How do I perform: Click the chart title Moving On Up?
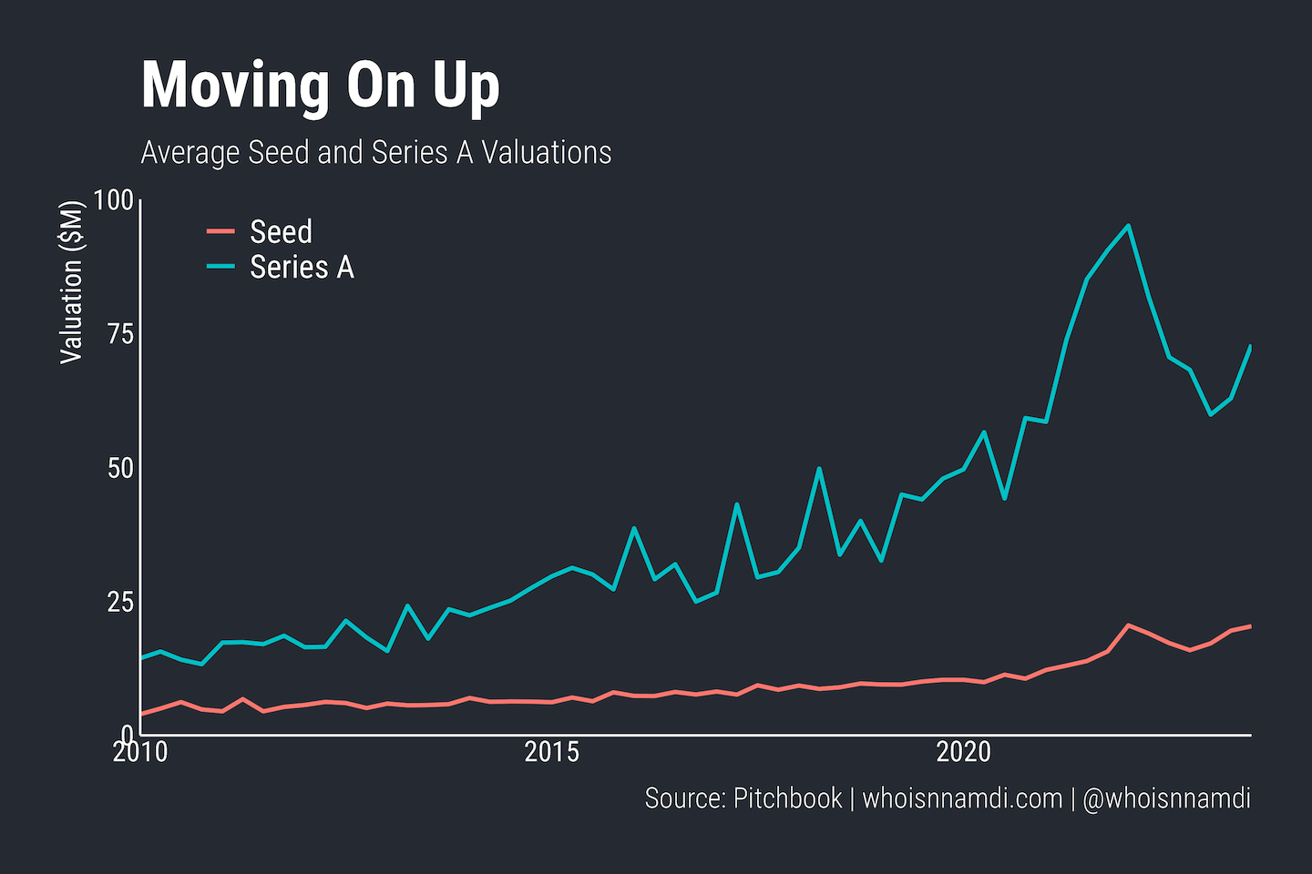[320, 86]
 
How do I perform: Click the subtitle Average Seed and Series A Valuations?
[375, 153]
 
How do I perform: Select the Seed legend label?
[281, 232]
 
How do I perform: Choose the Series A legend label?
[302, 268]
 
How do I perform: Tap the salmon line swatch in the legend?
[220, 231]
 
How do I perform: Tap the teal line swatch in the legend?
[220, 267]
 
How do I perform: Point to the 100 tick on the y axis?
[113, 200]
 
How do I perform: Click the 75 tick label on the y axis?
[120, 334]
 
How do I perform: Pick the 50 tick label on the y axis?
[120, 468]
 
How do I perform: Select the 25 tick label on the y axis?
[120, 602]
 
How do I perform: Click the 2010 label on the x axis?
[140, 752]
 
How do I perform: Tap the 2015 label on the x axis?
[552, 752]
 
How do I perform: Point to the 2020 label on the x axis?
[964, 752]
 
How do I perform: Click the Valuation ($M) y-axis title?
[71, 282]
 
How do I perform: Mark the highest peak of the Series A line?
[1129, 226]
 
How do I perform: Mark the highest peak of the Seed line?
[1129, 625]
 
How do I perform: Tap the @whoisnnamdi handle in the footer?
[1166, 798]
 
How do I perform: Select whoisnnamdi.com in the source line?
[962, 798]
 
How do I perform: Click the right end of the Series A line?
[1250, 347]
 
